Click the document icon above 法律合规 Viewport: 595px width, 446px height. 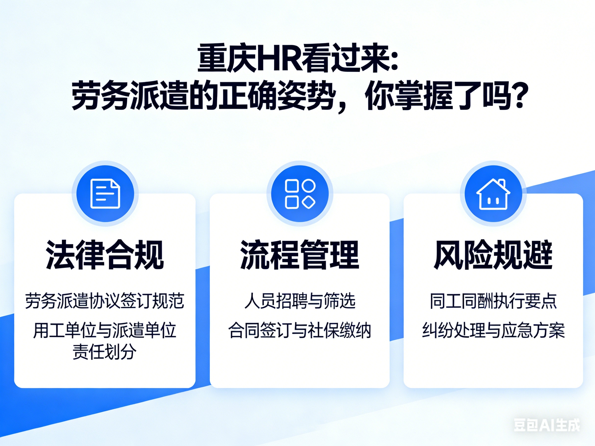[x=105, y=193]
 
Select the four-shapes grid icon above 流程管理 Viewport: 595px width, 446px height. [x=300, y=193]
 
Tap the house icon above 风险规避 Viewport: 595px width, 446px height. [x=493, y=194]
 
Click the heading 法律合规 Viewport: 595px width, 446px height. [x=105, y=255]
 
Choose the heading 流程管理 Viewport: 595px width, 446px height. [x=300, y=255]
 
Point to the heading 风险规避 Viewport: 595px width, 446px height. [x=493, y=255]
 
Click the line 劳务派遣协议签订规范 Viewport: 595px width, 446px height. [x=105, y=301]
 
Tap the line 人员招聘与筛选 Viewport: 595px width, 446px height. [x=300, y=301]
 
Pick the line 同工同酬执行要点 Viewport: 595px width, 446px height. [x=493, y=301]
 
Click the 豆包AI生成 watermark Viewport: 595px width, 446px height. [x=547, y=425]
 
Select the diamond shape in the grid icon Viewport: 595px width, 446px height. [x=309, y=202]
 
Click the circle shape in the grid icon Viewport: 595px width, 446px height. [x=309, y=185]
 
